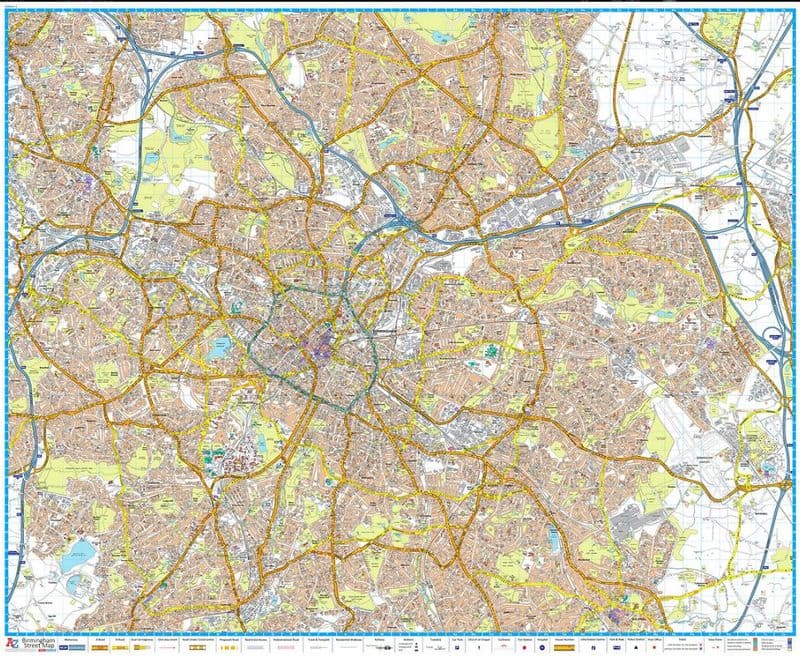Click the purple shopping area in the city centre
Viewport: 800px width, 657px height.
[x=322, y=350]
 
